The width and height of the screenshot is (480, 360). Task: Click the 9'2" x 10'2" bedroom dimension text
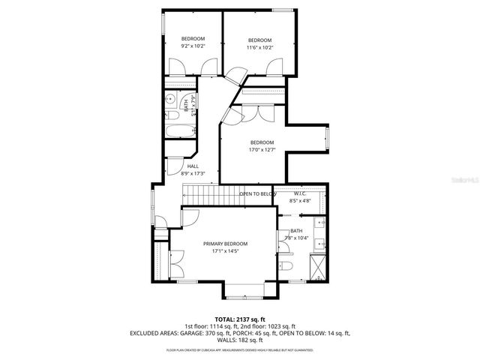193,47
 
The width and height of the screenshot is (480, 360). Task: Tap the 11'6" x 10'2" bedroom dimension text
259,47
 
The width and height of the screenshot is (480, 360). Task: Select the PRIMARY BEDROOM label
225,244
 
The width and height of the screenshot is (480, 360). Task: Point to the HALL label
193,166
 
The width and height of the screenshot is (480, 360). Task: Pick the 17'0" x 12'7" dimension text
262,150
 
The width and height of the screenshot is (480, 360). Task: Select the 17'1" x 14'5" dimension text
225,251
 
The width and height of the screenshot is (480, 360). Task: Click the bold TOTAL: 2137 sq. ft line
240,319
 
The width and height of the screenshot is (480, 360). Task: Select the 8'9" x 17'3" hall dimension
193,173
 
